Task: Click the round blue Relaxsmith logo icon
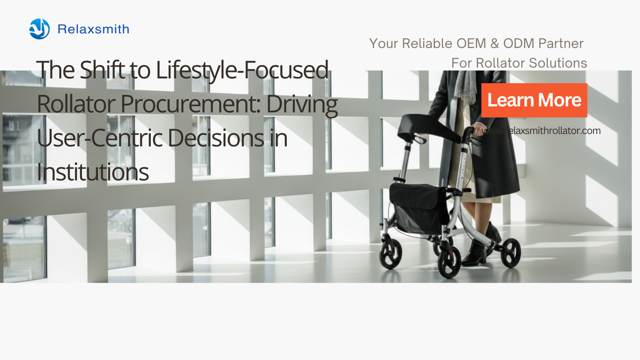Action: pos(40,29)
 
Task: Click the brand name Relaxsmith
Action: pos(94,29)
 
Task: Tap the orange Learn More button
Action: pos(534,100)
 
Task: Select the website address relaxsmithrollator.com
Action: pos(541,131)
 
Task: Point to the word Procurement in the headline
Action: pos(190,104)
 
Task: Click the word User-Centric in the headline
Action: pos(100,138)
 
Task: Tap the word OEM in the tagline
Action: pos(471,44)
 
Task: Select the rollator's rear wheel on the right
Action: pos(511,253)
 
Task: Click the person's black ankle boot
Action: pos(474,253)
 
